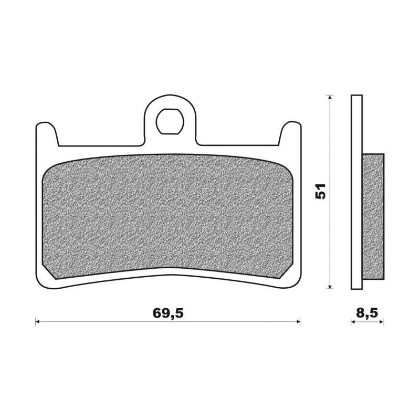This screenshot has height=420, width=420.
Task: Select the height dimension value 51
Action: [x=321, y=191]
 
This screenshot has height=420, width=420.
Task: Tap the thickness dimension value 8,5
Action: [x=367, y=313]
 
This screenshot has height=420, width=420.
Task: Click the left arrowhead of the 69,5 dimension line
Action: [x=38, y=321]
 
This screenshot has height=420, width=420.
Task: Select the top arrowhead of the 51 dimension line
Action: [x=329, y=97]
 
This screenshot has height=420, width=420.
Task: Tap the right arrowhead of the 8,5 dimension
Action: [x=382, y=321]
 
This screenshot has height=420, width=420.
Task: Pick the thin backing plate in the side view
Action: [x=356, y=192]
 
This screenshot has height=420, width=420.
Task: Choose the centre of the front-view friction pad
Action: [x=168, y=218]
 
